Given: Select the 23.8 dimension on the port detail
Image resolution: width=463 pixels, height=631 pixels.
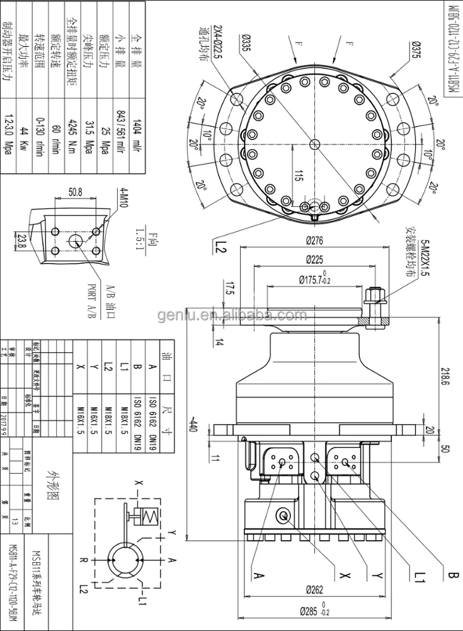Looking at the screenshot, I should tap(21, 240).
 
